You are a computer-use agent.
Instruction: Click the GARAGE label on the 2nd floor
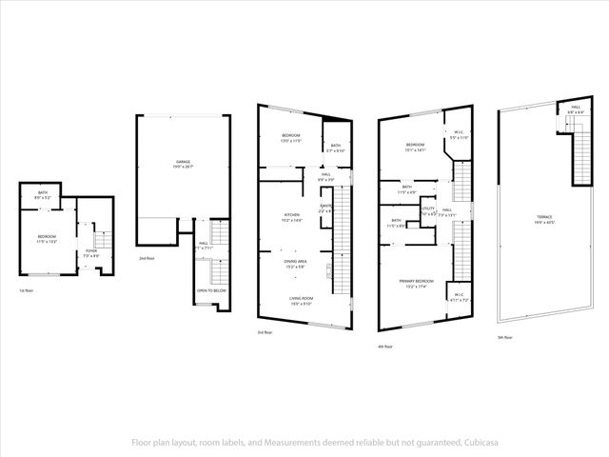183,163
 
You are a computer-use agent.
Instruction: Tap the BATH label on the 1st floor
43,194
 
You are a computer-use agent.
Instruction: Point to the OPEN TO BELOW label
210,289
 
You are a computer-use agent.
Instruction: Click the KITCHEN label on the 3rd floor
292,215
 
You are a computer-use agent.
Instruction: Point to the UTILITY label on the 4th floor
428,209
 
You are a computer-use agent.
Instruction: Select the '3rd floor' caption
265,332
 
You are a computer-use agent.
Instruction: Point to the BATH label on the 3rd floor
336,146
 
